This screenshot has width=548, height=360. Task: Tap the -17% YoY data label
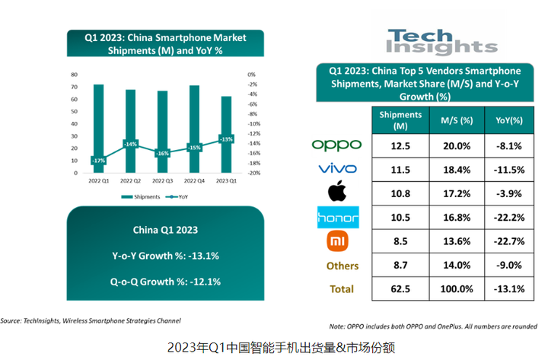(98, 161)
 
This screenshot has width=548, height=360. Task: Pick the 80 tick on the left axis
(75, 75)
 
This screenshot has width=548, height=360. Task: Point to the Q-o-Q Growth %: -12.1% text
(165, 282)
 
